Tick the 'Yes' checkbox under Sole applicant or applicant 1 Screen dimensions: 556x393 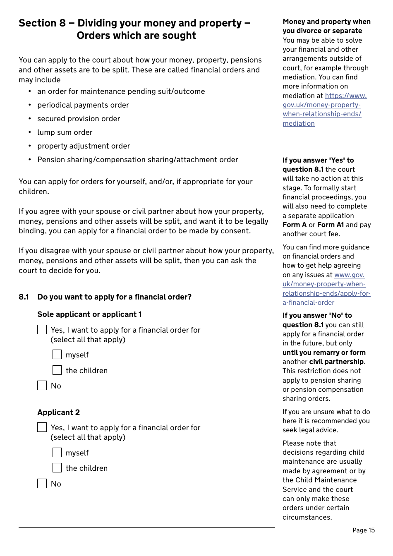[x=42, y=329]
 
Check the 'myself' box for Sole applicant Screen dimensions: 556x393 [x=57, y=355]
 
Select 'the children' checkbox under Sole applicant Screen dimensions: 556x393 [x=57, y=370]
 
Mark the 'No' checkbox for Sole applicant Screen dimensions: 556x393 [x=42, y=386]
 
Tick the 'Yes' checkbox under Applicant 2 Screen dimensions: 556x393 [x=42, y=427]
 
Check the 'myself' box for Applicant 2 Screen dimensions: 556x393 [x=57, y=453]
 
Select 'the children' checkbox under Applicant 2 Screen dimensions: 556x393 [x=57, y=468]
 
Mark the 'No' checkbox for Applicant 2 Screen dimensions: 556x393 [x=42, y=483]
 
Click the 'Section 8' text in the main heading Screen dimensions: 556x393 [x=42, y=23]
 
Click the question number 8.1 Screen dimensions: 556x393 [x=24, y=297]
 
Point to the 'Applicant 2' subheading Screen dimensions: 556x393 [x=58, y=412]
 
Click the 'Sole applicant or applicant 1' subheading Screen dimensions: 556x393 [x=89, y=314]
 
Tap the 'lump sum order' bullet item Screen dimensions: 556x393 [x=65, y=132]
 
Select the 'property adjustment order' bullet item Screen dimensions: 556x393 [x=84, y=146]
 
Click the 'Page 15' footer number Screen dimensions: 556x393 [x=363, y=530]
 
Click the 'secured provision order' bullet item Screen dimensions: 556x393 [x=79, y=119]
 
